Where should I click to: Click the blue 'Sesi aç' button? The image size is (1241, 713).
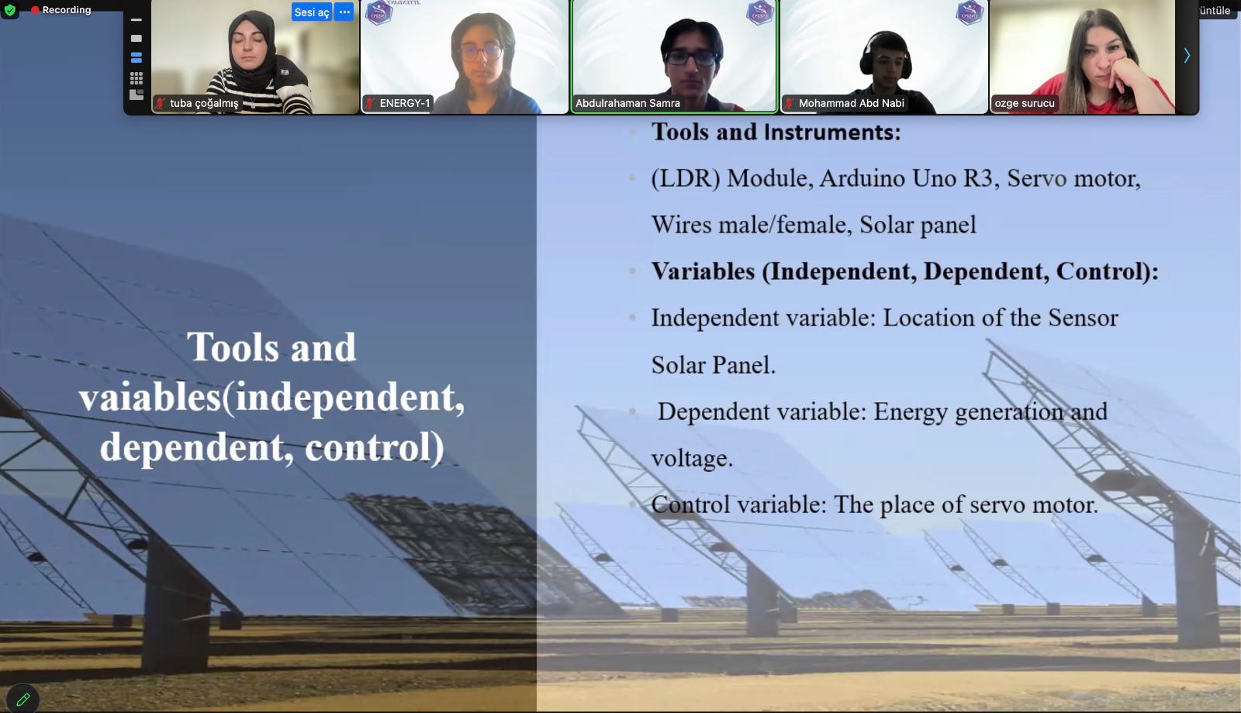pos(311,12)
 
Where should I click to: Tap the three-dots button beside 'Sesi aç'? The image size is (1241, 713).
pos(344,12)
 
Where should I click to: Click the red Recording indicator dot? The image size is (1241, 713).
pos(35,10)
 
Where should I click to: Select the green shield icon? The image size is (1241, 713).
pos(9,9)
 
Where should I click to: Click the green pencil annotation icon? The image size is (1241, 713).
pos(22,700)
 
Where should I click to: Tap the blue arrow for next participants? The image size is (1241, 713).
pos(1187,55)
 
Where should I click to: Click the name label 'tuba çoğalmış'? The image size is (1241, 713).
pos(204,104)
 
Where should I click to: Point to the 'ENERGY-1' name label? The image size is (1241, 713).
pos(404,103)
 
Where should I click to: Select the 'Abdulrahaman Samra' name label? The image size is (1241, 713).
pos(627,103)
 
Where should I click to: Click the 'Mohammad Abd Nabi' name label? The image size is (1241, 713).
pos(851,103)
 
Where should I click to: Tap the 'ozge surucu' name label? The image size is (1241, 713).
pos(1025,103)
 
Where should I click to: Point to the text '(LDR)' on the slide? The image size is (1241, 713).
pos(686,179)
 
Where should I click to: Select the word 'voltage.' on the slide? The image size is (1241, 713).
pos(692,459)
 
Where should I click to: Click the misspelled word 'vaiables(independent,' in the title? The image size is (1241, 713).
pos(271,398)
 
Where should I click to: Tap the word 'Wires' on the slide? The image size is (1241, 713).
pos(681,225)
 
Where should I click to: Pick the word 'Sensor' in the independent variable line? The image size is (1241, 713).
pos(1083,318)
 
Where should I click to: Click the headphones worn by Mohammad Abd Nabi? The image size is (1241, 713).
pos(885,55)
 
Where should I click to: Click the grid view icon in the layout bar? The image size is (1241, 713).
pos(137,77)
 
